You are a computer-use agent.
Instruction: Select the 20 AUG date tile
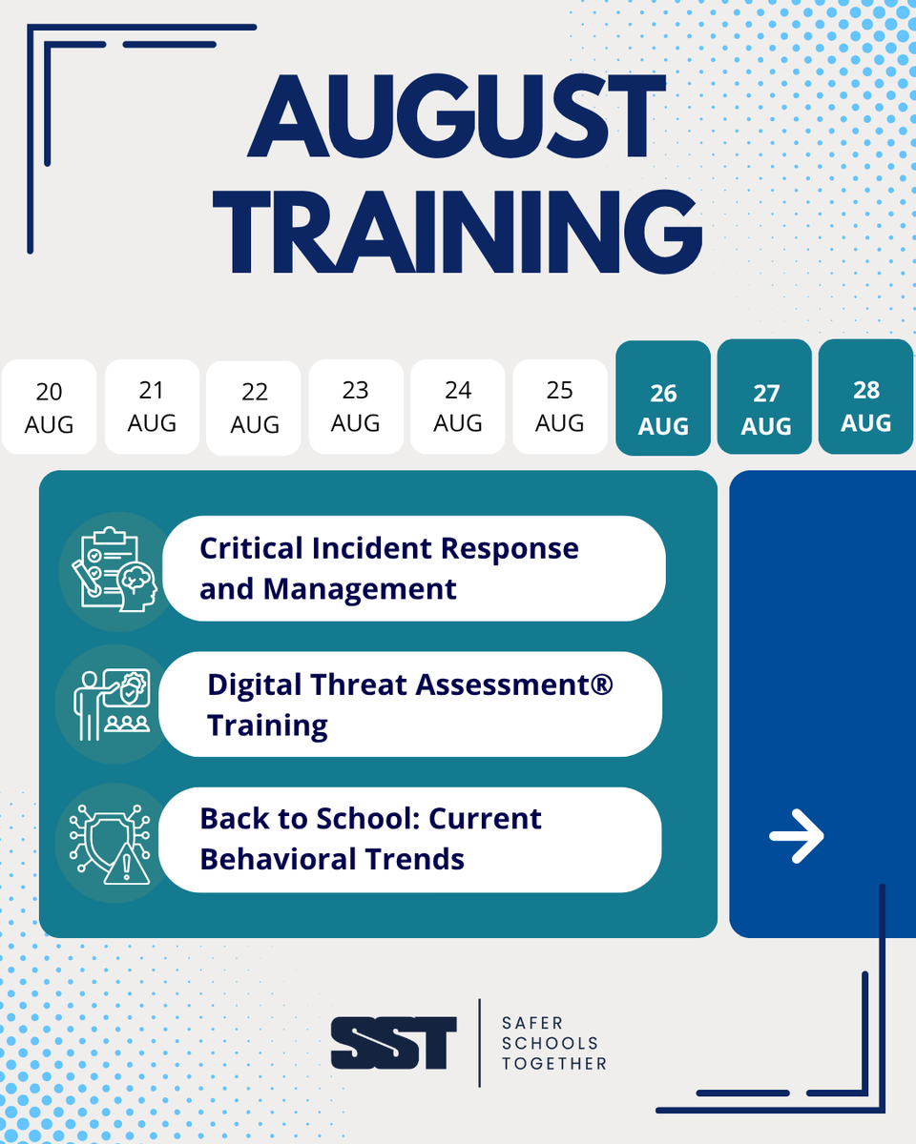pos(50,407)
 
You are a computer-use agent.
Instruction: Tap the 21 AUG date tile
pos(152,406)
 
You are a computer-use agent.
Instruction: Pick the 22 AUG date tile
pos(254,408)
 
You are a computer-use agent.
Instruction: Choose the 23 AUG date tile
pos(356,406)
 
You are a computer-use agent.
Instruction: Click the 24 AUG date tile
pos(458,406)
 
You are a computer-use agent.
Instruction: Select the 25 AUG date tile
pos(560,406)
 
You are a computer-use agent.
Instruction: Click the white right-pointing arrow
pos(797,836)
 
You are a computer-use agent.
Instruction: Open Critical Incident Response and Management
pos(414,568)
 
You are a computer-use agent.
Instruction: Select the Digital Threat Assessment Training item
pos(410,705)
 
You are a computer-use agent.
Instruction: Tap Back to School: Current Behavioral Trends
pos(410,839)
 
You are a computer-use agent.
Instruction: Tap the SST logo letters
pos(393,1043)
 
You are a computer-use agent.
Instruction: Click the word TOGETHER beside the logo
pos(554,1063)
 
